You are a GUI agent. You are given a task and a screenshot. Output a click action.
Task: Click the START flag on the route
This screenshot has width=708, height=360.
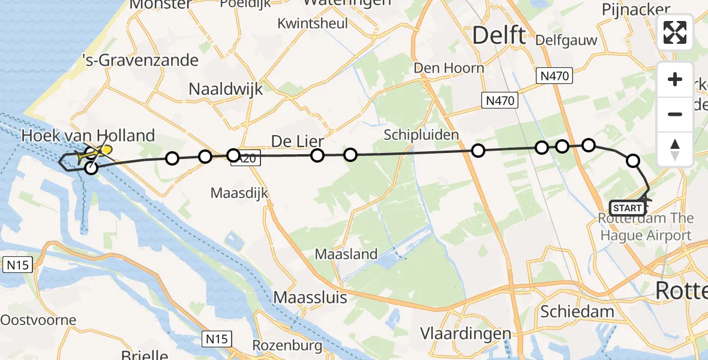(628, 208)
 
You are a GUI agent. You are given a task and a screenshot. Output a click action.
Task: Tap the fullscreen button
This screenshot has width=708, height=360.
(675, 32)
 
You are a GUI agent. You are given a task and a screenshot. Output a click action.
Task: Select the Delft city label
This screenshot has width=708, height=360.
(499, 35)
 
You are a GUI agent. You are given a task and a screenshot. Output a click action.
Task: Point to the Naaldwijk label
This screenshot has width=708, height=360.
(226, 89)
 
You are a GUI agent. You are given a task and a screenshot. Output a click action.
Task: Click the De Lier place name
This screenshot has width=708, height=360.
(298, 142)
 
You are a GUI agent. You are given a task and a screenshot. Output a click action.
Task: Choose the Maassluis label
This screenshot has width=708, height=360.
(310, 296)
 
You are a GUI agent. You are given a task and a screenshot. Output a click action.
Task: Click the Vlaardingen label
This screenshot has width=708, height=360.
(466, 333)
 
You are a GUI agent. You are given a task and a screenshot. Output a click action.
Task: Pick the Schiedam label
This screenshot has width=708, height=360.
(577, 311)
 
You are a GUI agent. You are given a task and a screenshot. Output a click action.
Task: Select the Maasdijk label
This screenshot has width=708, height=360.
(239, 193)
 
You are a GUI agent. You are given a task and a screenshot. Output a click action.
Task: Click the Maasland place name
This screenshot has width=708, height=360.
(347, 254)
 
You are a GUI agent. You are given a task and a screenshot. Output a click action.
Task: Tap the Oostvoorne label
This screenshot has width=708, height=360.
(38, 319)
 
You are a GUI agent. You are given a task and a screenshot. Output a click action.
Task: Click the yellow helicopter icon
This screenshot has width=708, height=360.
(100, 152)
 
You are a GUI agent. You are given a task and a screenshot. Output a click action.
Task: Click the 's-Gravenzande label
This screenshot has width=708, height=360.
(140, 60)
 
